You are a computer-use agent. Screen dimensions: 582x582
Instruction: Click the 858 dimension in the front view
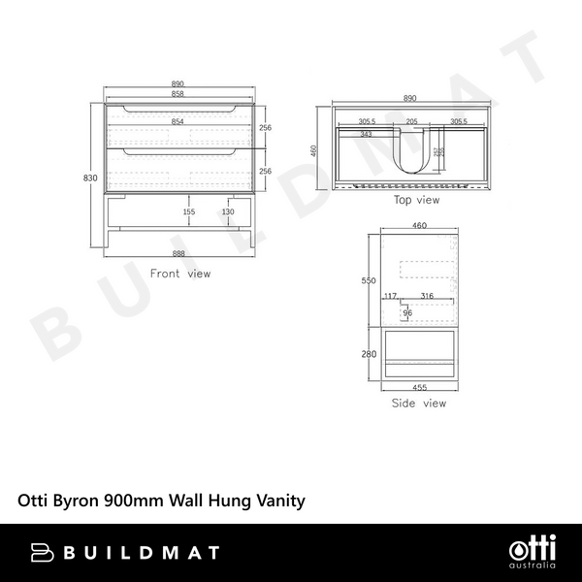[178, 95]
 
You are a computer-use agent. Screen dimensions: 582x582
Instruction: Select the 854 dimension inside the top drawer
[178, 122]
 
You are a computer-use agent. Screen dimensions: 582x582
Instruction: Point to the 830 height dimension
[90, 178]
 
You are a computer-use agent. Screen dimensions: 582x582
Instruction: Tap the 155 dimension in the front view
[188, 211]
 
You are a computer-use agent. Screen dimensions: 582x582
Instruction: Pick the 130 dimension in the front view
[228, 211]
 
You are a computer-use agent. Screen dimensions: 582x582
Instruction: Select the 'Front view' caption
[179, 275]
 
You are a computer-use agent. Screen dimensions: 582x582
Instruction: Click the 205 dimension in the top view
[411, 122]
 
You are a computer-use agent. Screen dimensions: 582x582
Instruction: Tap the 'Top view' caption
[416, 201]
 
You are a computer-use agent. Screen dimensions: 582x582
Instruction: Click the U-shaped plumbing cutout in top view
[411, 155]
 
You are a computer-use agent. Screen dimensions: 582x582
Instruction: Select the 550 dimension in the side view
[369, 280]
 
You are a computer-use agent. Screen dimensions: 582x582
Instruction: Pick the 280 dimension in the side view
[369, 354]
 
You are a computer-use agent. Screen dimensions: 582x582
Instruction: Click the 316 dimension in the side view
[427, 297]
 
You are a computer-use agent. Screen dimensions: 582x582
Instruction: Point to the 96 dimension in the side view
[407, 313]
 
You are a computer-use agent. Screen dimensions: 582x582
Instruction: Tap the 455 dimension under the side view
[419, 387]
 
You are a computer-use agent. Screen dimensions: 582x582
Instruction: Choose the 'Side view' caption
[419, 403]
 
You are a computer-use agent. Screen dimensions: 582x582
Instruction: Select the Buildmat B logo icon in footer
[45, 553]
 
